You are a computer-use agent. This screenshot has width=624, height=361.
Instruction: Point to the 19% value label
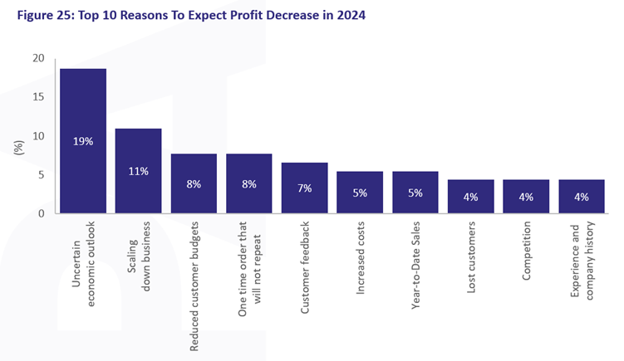coord(83,141)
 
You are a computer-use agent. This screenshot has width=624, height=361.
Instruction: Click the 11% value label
coord(138,172)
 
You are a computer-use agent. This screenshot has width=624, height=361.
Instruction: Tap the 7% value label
coord(304,188)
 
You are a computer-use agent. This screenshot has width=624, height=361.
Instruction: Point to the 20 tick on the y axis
coord(38,58)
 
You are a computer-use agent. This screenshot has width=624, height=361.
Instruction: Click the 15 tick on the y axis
coord(38,97)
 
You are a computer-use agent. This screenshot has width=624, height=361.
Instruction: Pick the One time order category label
coord(249,270)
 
